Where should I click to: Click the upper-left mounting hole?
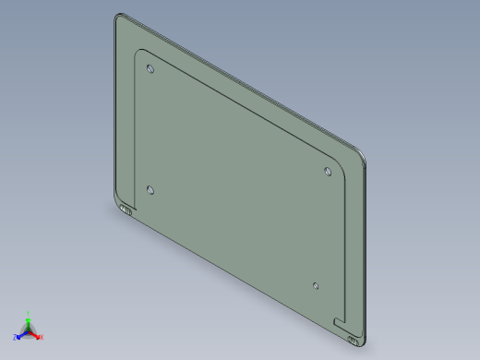tap(150, 69)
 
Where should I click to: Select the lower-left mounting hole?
tap(150, 190)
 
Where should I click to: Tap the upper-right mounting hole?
tap(328, 171)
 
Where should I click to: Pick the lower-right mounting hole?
tap(316, 286)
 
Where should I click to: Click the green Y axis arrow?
tap(29, 316)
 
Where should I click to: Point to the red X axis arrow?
tap(36, 334)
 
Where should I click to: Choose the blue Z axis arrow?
tap(20, 333)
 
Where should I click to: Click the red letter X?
tap(41, 337)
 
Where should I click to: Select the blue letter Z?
tap(16, 336)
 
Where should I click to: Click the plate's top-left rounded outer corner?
tap(120, 18)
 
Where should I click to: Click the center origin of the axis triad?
tap(28, 330)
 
